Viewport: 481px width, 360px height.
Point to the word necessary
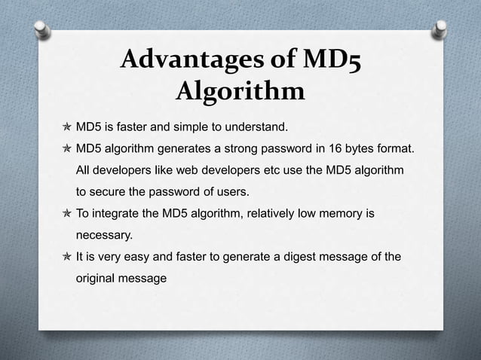[x=104, y=236]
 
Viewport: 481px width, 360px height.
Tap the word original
[x=99, y=278]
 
